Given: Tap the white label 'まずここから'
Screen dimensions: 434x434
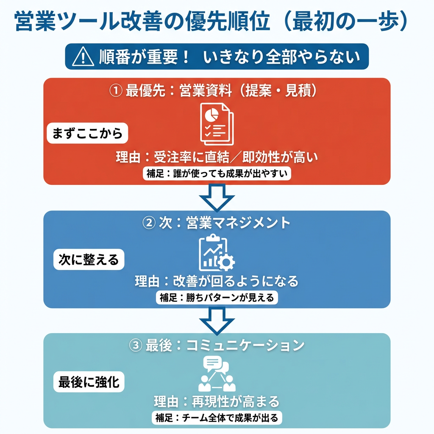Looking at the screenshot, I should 87,134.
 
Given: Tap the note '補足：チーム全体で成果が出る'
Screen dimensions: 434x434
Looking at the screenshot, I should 217,418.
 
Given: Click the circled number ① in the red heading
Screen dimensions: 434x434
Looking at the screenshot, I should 116,91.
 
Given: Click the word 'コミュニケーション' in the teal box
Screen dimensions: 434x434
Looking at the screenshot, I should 246,345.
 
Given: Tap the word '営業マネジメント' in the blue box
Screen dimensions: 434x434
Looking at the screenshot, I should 238,223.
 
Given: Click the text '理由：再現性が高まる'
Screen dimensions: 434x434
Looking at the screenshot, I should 217,401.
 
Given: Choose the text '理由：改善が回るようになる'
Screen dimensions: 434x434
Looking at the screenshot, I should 217,281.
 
